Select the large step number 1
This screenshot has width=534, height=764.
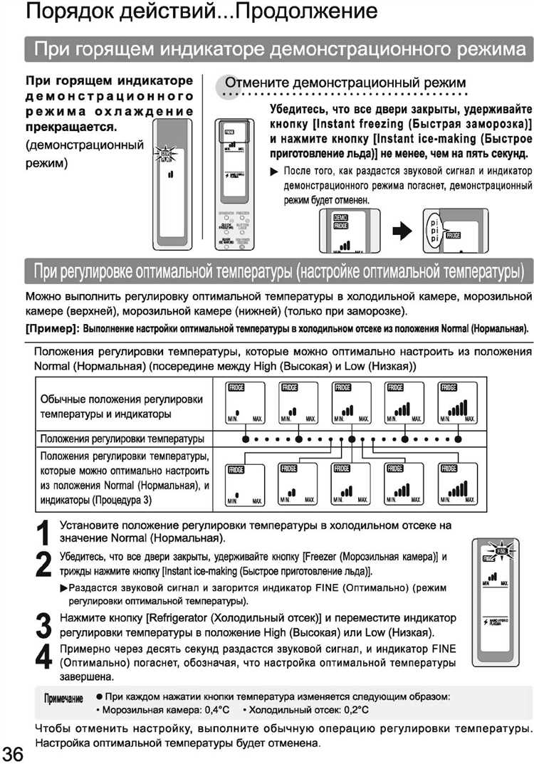(x=43, y=533)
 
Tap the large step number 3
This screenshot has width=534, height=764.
(x=43, y=625)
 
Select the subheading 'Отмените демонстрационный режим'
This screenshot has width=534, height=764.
(x=345, y=81)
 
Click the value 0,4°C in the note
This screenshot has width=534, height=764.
(x=214, y=710)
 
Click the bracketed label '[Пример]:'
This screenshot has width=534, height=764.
(x=52, y=329)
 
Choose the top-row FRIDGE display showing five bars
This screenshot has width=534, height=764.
(x=456, y=403)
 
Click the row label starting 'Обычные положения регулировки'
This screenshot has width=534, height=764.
(x=122, y=406)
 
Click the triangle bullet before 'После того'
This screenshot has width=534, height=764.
(x=275, y=172)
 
